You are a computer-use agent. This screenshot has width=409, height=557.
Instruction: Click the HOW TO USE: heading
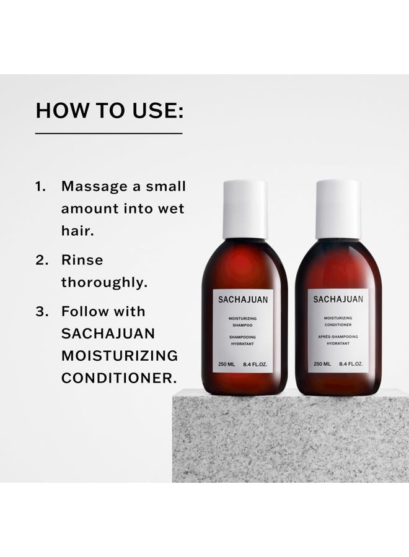(109, 111)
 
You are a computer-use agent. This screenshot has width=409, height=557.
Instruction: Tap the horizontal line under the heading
(109, 133)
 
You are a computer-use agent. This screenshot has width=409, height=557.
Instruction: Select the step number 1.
(41, 186)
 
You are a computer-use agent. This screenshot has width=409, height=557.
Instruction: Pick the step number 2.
(42, 260)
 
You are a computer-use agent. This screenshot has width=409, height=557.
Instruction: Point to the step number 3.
(42, 311)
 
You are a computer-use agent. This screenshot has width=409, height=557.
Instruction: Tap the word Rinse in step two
(82, 260)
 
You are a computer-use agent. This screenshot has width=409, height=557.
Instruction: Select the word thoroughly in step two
(104, 283)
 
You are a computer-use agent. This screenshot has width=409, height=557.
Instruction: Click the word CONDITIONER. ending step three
(118, 378)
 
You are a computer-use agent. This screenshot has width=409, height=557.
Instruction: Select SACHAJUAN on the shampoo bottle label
(245, 300)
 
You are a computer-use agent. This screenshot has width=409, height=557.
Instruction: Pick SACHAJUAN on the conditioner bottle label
(338, 300)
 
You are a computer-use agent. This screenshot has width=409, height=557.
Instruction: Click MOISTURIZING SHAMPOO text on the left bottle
(245, 322)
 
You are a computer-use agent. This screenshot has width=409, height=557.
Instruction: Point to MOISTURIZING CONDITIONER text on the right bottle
(338, 322)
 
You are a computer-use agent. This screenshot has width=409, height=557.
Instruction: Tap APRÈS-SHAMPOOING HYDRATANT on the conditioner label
(338, 340)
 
